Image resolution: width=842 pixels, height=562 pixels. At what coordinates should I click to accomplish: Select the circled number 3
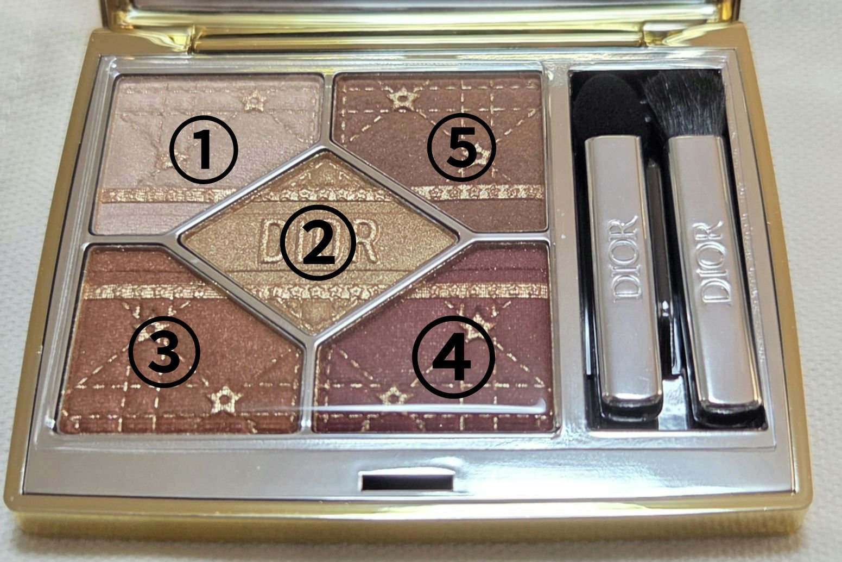click(x=164, y=352)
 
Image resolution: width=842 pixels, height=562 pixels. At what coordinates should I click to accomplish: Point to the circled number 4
click(x=454, y=356)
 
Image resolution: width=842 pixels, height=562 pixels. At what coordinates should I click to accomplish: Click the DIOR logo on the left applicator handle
click(x=624, y=258)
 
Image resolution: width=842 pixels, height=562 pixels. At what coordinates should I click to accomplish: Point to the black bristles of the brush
click(x=684, y=103)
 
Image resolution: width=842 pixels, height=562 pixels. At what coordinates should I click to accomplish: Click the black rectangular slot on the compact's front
click(x=407, y=482)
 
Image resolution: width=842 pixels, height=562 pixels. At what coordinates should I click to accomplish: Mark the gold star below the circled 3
click(x=223, y=401)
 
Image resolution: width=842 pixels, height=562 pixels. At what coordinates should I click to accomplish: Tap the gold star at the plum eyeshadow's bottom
click(x=392, y=394)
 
